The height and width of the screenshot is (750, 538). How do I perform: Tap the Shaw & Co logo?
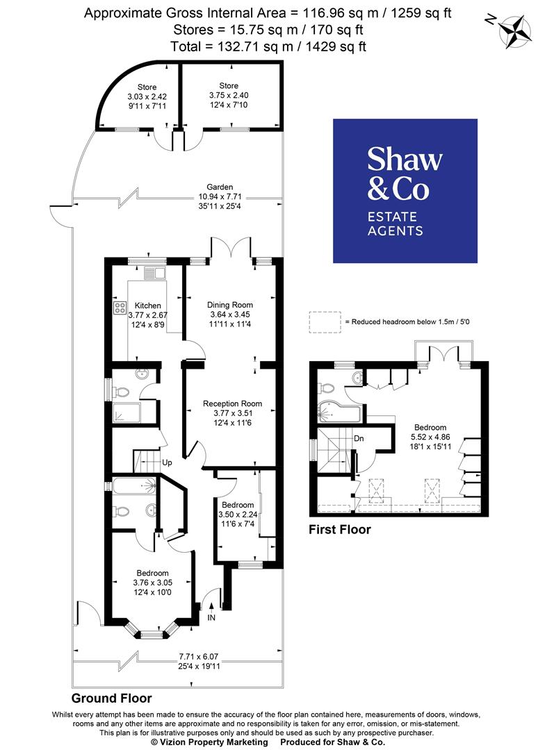click(x=405, y=191)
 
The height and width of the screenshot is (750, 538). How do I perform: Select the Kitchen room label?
click(x=147, y=306)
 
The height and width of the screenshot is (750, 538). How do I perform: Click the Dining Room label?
click(x=230, y=305)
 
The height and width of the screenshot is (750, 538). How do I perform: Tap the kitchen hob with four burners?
click(x=119, y=308)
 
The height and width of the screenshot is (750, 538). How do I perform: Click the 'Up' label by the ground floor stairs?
click(x=167, y=462)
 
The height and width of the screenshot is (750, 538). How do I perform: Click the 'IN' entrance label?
click(x=211, y=617)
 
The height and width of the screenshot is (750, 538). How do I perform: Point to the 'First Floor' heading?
click(x=339, y=530)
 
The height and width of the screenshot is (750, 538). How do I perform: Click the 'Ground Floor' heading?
click(x=111, y=698)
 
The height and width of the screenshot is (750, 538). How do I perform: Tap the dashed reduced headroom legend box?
click(x=325, y=322)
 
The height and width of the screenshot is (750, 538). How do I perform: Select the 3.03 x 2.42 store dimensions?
click(x=147, y=97)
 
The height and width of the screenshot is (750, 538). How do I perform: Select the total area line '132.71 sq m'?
click(x=268, y=47)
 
